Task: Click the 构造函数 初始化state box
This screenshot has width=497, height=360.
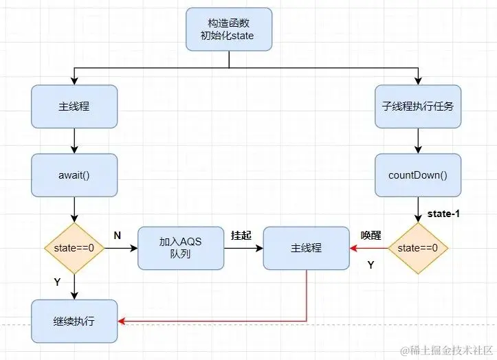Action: coord(229,29)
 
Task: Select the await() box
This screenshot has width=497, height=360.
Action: coord(74,175)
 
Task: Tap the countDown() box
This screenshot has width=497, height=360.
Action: coord(417,175)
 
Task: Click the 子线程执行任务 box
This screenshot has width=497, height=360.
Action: coord(417,106)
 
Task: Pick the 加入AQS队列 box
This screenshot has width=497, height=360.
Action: coord(181,247)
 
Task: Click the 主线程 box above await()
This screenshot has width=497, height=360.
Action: coord(74,106)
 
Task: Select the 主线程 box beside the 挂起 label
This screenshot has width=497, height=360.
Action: coord(307,247)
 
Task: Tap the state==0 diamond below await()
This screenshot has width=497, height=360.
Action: coord(74,247)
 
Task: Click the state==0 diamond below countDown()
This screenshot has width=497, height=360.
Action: coord(418,247)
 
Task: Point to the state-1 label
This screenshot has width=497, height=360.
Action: coord(443,214)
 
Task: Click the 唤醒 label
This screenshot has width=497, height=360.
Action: coord(371,235)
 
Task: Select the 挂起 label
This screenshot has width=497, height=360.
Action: coord(241,235)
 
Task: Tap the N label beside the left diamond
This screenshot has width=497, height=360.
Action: coord(117,235)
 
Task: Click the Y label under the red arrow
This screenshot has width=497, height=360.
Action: coord(371,265)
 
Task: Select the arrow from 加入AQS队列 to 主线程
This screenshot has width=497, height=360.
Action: coord(244,247)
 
